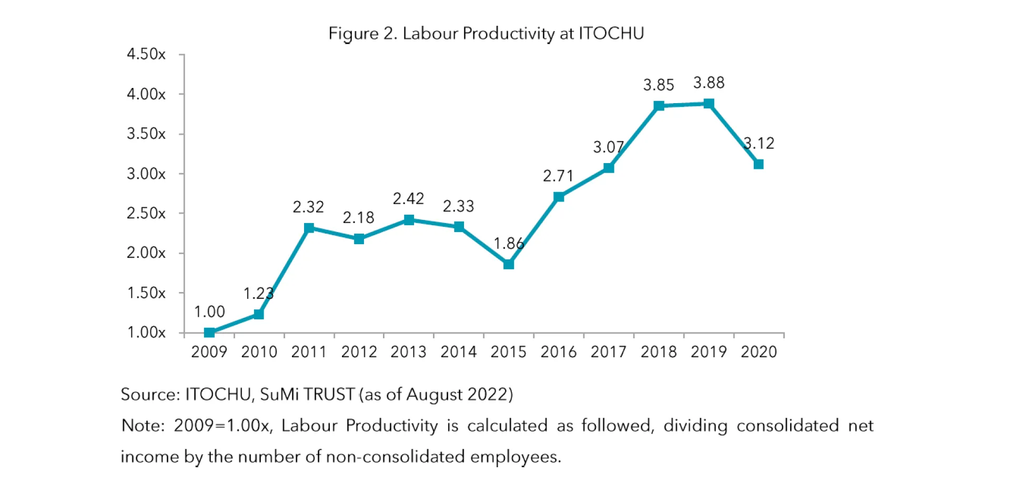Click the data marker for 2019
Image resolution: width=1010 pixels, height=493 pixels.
tap(709, 104)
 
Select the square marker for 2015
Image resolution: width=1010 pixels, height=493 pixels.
tap(508, 264)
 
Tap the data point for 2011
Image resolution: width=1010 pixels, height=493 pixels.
tap(309, 228)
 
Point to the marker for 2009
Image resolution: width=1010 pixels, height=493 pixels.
tap(209, 333)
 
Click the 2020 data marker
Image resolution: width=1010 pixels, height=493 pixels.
tap(759, 164)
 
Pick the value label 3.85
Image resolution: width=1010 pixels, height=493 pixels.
tap(658, 85)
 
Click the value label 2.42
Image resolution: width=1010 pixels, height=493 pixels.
tap(408, 198)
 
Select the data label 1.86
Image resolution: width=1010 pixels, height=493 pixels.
tap(508, 243)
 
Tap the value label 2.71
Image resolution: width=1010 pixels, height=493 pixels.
tap(558, 176)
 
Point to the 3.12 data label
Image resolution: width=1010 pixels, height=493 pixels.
tap(759, 143)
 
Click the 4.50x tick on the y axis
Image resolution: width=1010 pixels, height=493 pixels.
tap(146, 54)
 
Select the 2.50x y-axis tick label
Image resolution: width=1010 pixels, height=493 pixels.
tap(146, 213)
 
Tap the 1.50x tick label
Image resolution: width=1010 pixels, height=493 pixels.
tap(146, 293)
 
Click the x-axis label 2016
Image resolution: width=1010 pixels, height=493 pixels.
tap(558, 351)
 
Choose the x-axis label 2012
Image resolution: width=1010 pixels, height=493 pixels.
tap(359, 351)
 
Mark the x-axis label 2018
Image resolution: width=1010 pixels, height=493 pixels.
tap(658, 351)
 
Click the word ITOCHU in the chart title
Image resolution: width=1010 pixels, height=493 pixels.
tap(611, 33)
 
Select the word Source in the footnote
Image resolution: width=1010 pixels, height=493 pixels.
tap(150, 394)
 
